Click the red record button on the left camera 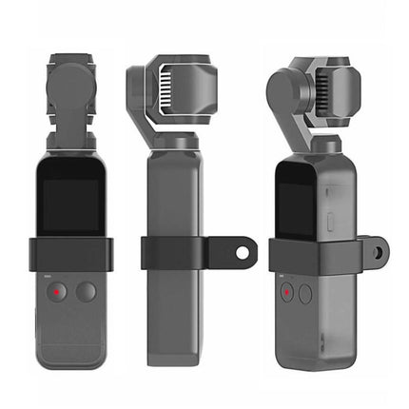coord(59,292)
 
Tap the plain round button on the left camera coord(86,292)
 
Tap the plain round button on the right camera coord(305,293)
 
